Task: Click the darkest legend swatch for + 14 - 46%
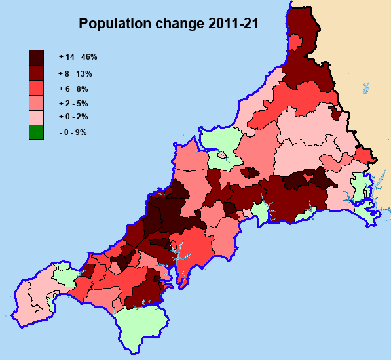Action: point(36,57)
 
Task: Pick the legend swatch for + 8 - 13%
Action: point(36,72)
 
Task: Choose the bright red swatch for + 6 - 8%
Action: point(36,87)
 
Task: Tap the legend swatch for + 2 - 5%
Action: point(36,102)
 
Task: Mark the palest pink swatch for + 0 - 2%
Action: point(36,117)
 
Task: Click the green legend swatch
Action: point(36,132)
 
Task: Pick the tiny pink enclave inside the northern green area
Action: point(222,155)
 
